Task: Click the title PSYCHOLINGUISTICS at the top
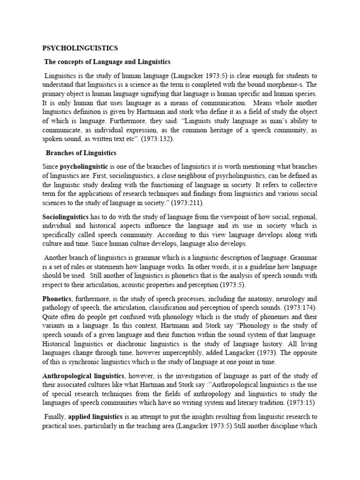click(x=80, y=48)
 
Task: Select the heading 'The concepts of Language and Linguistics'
click(x=107, y=62)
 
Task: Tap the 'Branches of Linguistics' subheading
click(x=81, y=153)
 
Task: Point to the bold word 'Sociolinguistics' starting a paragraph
click(x=65, y=217)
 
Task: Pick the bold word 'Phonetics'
click(x=57, y=299)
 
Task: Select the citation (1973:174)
click(x=300, y=307)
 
